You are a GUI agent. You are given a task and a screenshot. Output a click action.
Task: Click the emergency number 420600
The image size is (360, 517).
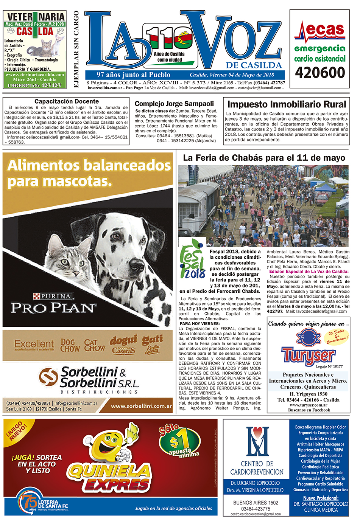click(320, 72)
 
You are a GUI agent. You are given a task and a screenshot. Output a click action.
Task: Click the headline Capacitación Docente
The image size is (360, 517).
click(66, 101)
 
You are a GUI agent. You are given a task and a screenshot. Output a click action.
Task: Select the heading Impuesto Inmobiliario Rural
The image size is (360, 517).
click(287, 104)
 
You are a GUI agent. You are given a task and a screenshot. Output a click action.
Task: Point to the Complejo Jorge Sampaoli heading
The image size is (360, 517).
click(174, 104)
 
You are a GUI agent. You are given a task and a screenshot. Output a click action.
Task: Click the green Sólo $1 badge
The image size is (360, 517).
click(179, 441)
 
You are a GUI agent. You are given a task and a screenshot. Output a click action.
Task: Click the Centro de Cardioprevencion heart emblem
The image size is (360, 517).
click(257, 441)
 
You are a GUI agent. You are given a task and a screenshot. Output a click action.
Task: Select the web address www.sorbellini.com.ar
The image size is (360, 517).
click(141, 406)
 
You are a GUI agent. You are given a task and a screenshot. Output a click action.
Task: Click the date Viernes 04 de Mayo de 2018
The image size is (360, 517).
click(232, 75)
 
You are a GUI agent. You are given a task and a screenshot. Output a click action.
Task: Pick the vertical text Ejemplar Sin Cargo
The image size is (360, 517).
click(76, 49)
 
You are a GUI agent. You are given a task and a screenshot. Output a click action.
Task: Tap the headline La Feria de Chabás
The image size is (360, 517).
click(264, 158)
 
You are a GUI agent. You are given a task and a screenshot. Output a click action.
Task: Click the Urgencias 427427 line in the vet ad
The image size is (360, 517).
click(35, 85)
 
